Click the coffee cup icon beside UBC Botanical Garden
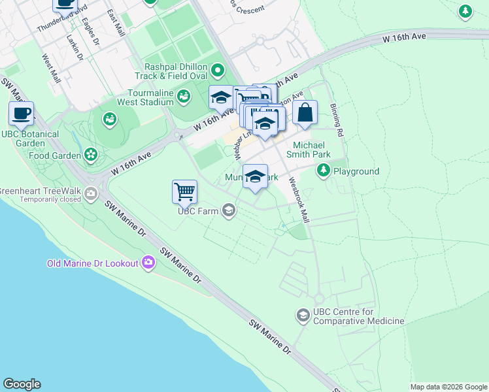pos(22,114)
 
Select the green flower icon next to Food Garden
pos(91,155)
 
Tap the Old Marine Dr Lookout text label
pos(92,263)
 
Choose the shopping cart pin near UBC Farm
pos(185,191)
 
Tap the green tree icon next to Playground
pos(323,171)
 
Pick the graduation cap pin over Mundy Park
pos(255,176)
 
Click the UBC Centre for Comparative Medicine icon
pos(303,316)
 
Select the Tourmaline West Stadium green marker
pos(184,97)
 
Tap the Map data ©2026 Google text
pos(448,386)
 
